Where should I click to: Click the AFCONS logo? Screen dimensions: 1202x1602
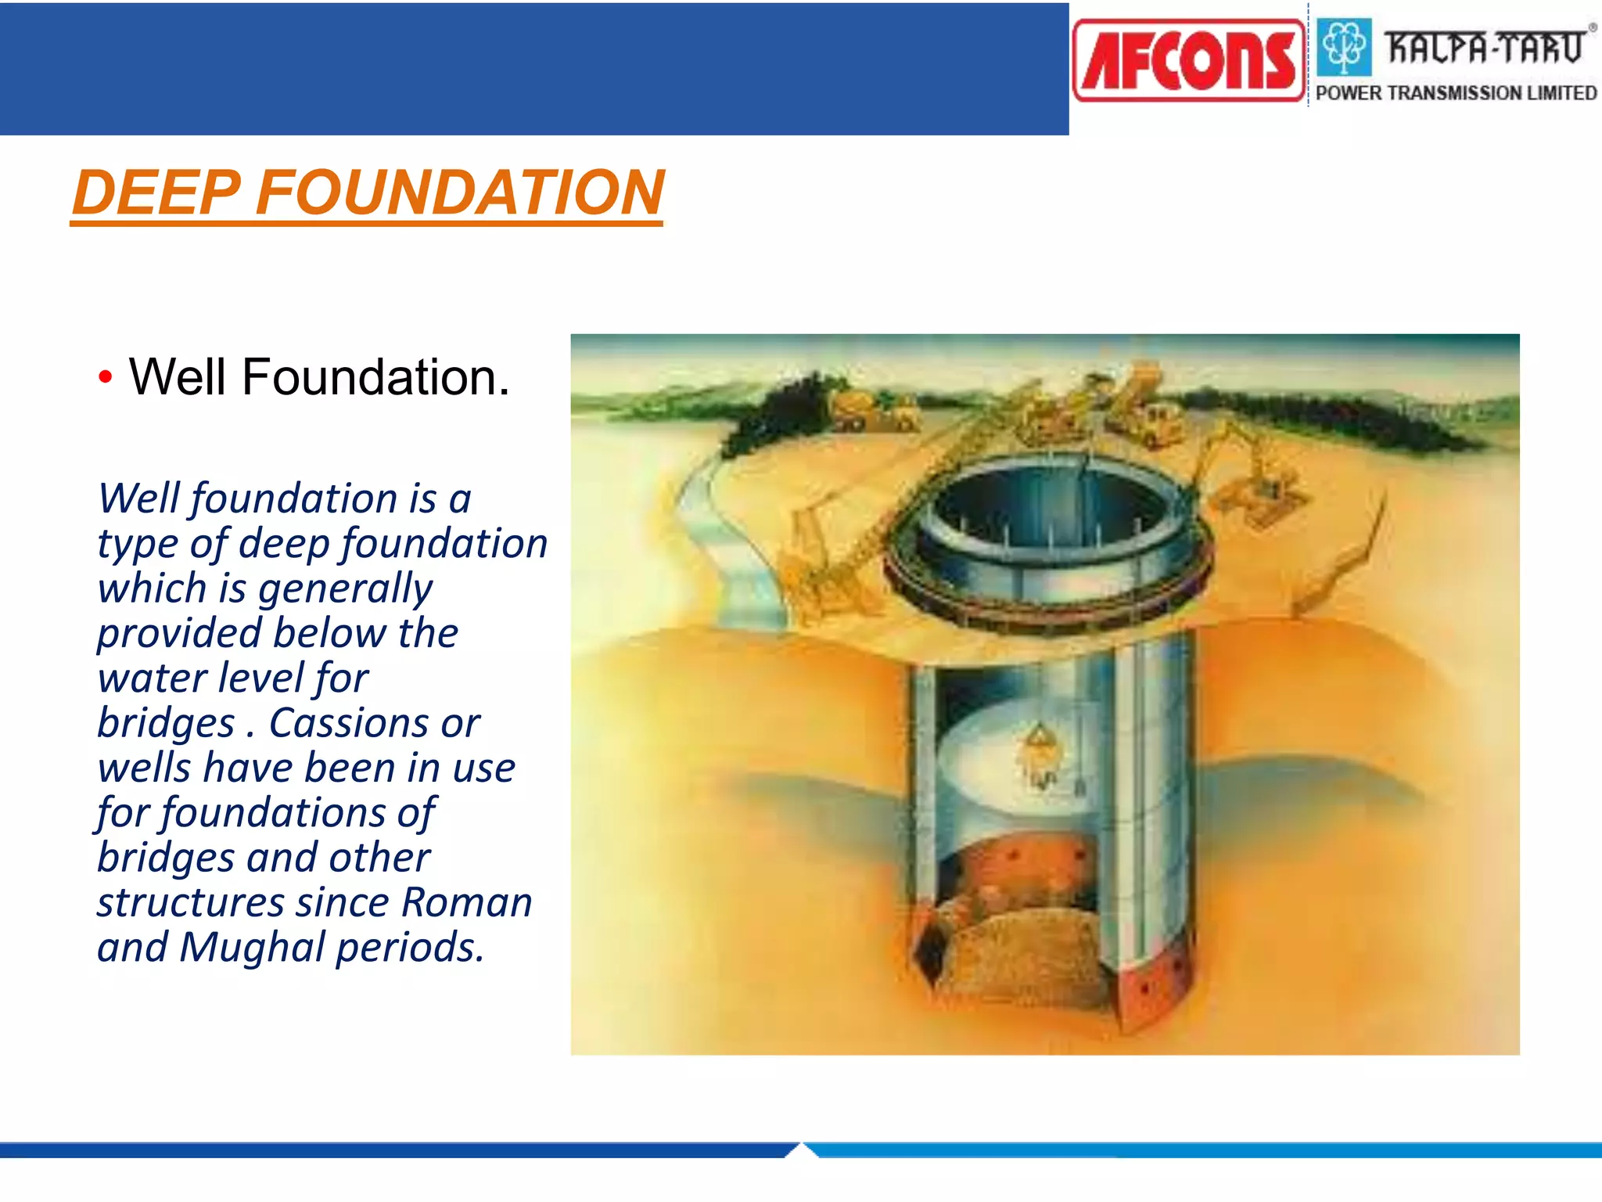(1188, 61)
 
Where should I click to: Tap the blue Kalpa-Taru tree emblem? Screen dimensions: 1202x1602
(1344, 46)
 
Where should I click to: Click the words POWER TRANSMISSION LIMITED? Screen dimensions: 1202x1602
(1456, 93)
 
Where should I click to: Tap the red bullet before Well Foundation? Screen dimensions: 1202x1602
(106, 378)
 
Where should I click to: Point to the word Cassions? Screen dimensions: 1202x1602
(348, 723)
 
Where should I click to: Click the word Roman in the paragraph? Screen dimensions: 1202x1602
(466, 903)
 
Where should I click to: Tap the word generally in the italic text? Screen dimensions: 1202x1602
(344, 588)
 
